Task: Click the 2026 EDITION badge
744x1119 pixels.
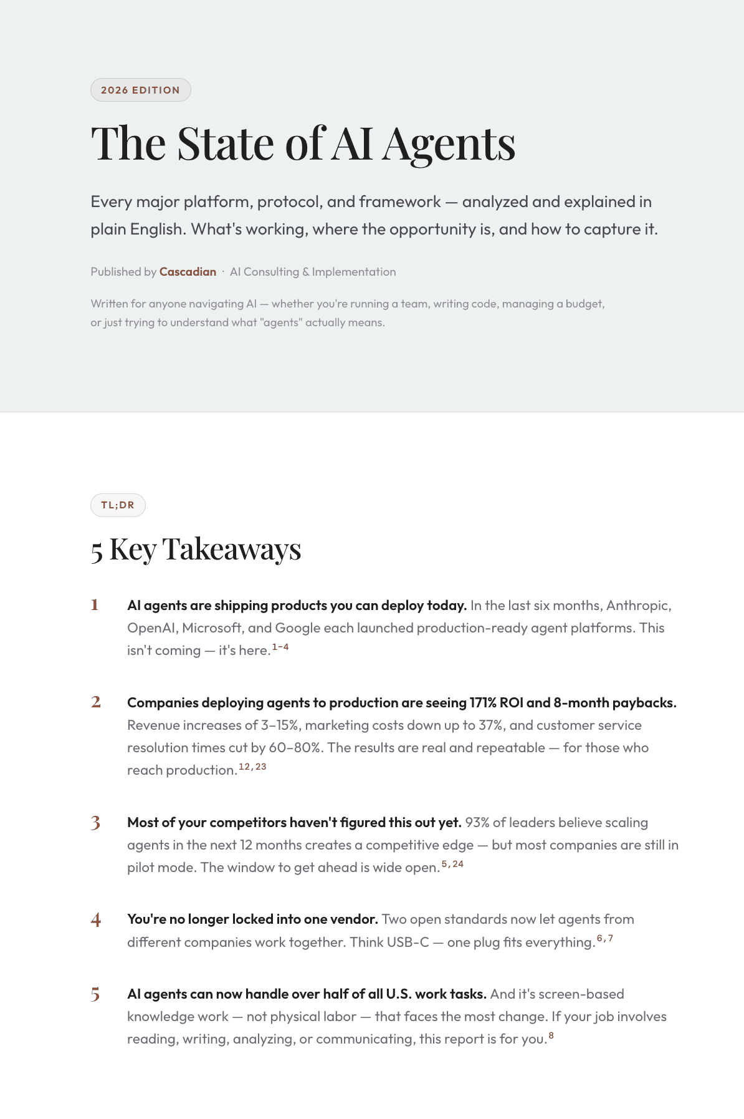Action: click(x=140, y=90)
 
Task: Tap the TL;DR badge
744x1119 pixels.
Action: click(x=118, y=505)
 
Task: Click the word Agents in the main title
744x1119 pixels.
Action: click(x=449, y=145)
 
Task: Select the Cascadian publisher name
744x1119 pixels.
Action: click(x=188, y=272)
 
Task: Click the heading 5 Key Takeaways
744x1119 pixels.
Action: click(x=196, y=550)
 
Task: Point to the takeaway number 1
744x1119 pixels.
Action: click(x=95, y=605)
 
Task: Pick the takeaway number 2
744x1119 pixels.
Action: click(x=95, y=702)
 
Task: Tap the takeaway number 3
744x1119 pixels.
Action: click(x=95, y=823)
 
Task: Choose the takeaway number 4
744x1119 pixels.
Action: click(x=95, y=919)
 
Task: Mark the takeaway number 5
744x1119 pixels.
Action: click(x=95, y=994)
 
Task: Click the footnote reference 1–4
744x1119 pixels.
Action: click(x=280, y=647)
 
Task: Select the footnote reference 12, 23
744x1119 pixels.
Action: click(x=252, y=767)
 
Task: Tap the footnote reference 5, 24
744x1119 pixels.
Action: click(x=452, y=864)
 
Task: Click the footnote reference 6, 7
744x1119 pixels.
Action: click(x=605, y=938)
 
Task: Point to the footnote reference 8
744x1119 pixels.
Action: click(x=551, y=1035)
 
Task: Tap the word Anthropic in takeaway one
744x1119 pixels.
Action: click(x=639, y=606)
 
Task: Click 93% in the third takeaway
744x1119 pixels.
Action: click(x=477, y=823)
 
